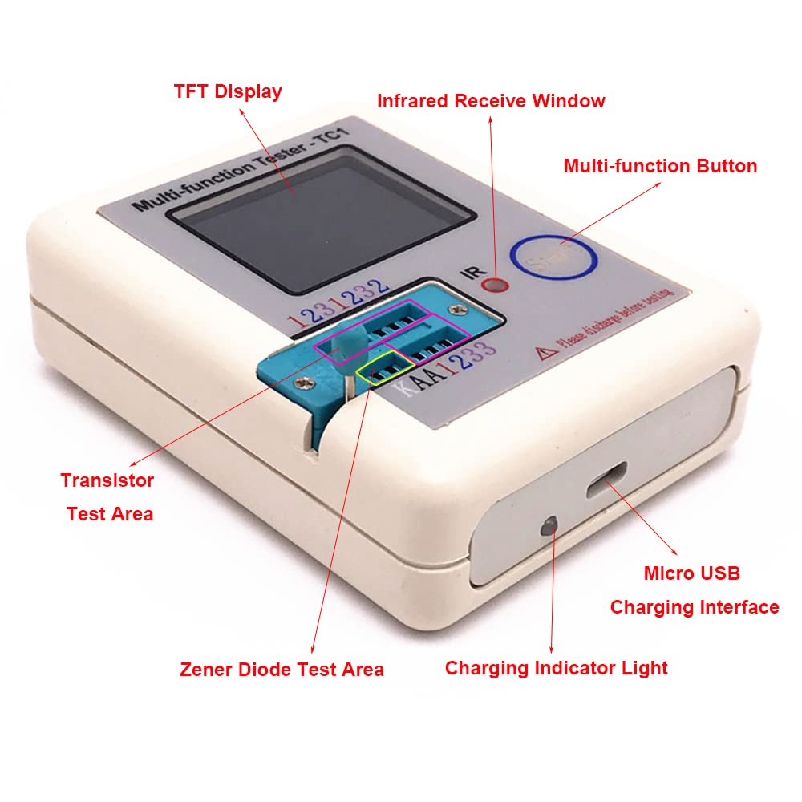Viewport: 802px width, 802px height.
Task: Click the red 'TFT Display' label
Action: [x=228, y=91]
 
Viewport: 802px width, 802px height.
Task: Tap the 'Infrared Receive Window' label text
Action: [x=491, y=101]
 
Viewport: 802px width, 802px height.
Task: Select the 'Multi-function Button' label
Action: [x=660, y=166]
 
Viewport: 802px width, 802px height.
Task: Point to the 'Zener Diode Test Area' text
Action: [x=282, y=669]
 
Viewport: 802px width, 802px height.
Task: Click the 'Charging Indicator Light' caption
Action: [x=556, y=668]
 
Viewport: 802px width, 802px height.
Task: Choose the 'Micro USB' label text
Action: [x=691, y=573]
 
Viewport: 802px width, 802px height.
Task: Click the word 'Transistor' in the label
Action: [x=107, y=480]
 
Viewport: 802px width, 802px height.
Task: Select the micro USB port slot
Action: [x=607, y=484]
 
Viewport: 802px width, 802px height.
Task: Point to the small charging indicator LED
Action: [x=549, y=527]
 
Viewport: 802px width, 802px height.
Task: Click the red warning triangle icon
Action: [x=543, y=352]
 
